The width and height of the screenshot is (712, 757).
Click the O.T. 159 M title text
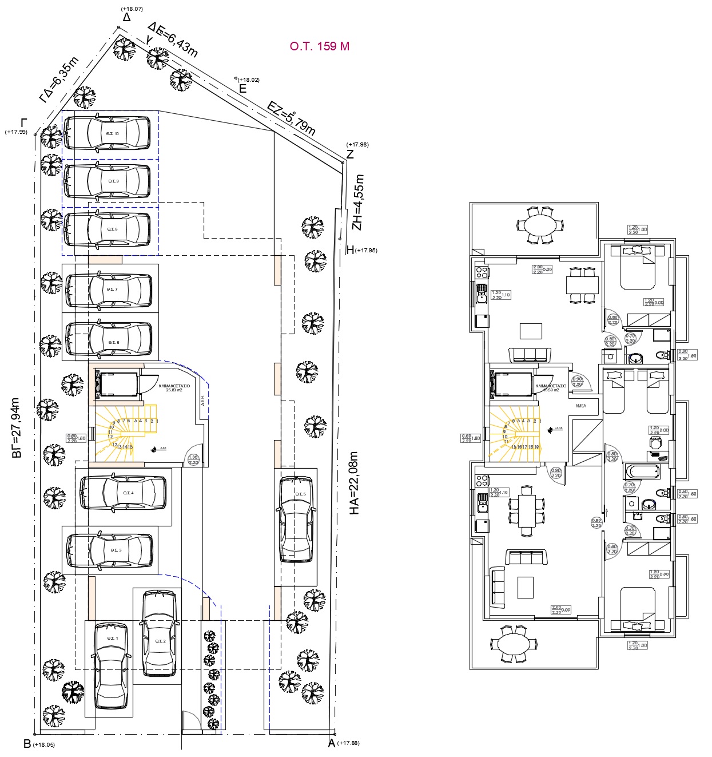pos(319,46)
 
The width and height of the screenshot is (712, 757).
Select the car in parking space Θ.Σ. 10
pos(107,134)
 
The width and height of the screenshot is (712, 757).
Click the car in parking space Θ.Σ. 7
pos(109,290)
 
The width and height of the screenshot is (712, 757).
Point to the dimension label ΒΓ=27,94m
pos(17,428)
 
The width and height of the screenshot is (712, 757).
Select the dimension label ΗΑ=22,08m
pos(354,483)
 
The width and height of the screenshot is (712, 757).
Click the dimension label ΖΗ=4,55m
pos(358,202)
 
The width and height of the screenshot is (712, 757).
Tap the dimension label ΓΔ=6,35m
pos(58,80)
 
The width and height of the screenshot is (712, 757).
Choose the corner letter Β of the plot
pos(26,744)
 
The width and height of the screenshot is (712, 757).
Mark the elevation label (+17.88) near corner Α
pos(348,743)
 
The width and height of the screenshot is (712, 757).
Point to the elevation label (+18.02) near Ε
pos(249,80)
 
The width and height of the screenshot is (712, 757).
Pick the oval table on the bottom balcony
pos(514,644)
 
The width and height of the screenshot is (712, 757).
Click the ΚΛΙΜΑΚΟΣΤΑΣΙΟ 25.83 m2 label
pos(174,389)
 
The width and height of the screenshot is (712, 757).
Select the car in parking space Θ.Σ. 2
pos(160,633)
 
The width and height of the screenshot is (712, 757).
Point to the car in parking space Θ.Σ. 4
pos(123,492)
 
